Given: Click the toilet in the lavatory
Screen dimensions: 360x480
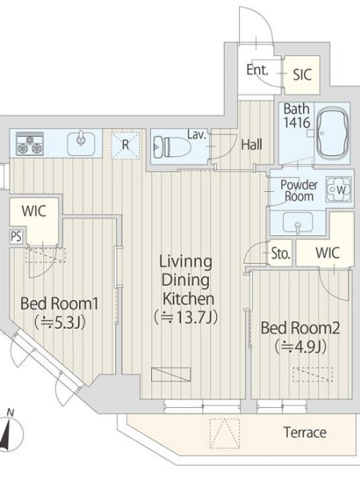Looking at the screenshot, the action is pos(170,147).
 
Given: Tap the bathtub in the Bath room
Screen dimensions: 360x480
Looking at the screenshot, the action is pos(332,134).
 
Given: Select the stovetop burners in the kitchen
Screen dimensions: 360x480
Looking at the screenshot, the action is pos(29,143).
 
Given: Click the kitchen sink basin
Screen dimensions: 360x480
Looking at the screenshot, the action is pos(81,143).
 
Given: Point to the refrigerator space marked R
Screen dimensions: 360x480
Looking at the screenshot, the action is pos(125,145).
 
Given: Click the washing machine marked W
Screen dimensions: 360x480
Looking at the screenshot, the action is pos(337,190).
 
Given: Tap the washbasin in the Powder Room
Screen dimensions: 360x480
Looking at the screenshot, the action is pos(298,223).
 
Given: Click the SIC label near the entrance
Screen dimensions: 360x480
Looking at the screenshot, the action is pos(302,74).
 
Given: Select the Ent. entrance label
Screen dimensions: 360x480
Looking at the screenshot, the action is pos(257,70).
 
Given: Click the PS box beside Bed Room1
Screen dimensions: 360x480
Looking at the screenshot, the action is pos(17,236).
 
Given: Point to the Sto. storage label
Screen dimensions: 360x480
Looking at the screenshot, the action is pos(281,253).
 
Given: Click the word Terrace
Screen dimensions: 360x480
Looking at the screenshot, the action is pos(305,433).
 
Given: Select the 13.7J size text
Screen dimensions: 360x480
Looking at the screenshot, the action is pos(186,317).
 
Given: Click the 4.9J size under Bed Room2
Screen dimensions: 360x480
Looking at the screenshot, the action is pos(299,347).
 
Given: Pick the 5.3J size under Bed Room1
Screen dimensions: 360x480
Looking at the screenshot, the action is pos(59,322).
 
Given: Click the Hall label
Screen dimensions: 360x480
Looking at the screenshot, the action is pos(251,145).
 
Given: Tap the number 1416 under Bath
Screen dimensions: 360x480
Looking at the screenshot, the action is pos(296,122).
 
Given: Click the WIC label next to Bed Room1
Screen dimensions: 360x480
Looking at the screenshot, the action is pos(34,211).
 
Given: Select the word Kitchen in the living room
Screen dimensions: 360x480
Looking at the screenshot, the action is pos(188,298).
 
